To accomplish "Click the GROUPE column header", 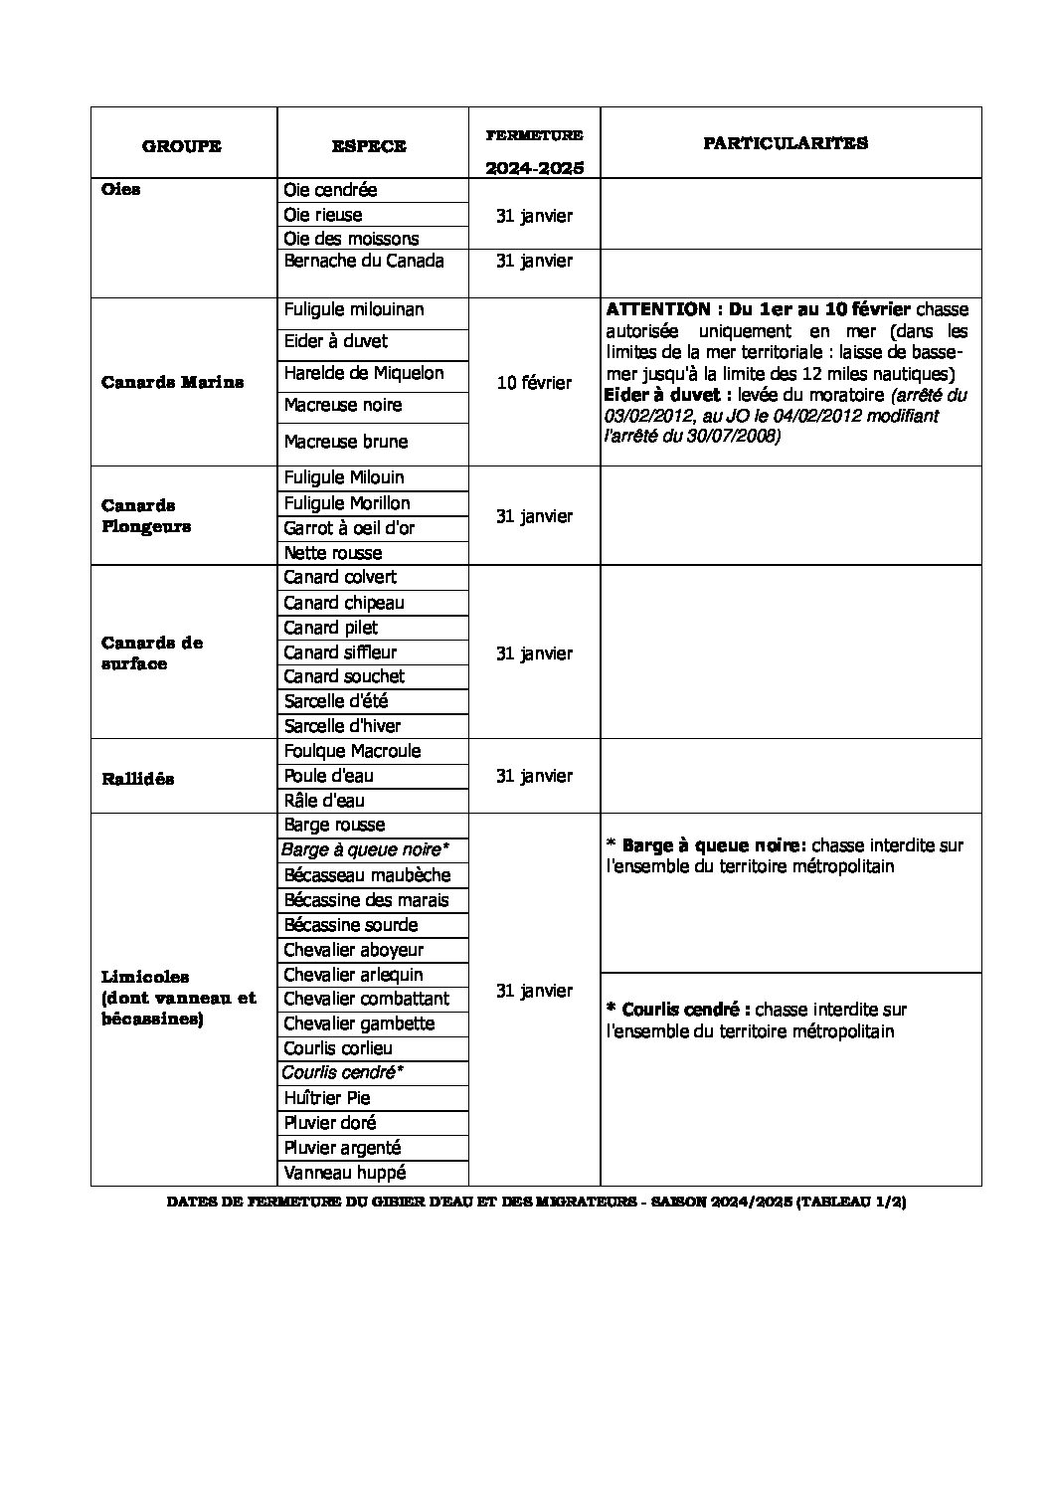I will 182,146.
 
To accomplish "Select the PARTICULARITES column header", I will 786,143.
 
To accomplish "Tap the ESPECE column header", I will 369,146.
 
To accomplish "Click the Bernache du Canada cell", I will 364,261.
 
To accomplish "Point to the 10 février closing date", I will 534,383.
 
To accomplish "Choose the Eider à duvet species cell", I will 336,341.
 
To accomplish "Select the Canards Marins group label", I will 172,382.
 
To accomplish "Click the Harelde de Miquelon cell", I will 364,373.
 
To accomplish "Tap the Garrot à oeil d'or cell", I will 349,528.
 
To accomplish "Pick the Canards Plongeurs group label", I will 146,516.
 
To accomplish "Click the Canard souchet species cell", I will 344,676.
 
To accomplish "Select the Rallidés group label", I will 137,779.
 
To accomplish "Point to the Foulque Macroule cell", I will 352,751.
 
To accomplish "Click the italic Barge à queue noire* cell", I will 365,849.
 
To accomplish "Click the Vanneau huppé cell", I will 345,1173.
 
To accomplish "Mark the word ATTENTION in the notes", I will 657,309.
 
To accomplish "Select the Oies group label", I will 121,190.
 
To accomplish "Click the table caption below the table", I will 536,1202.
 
